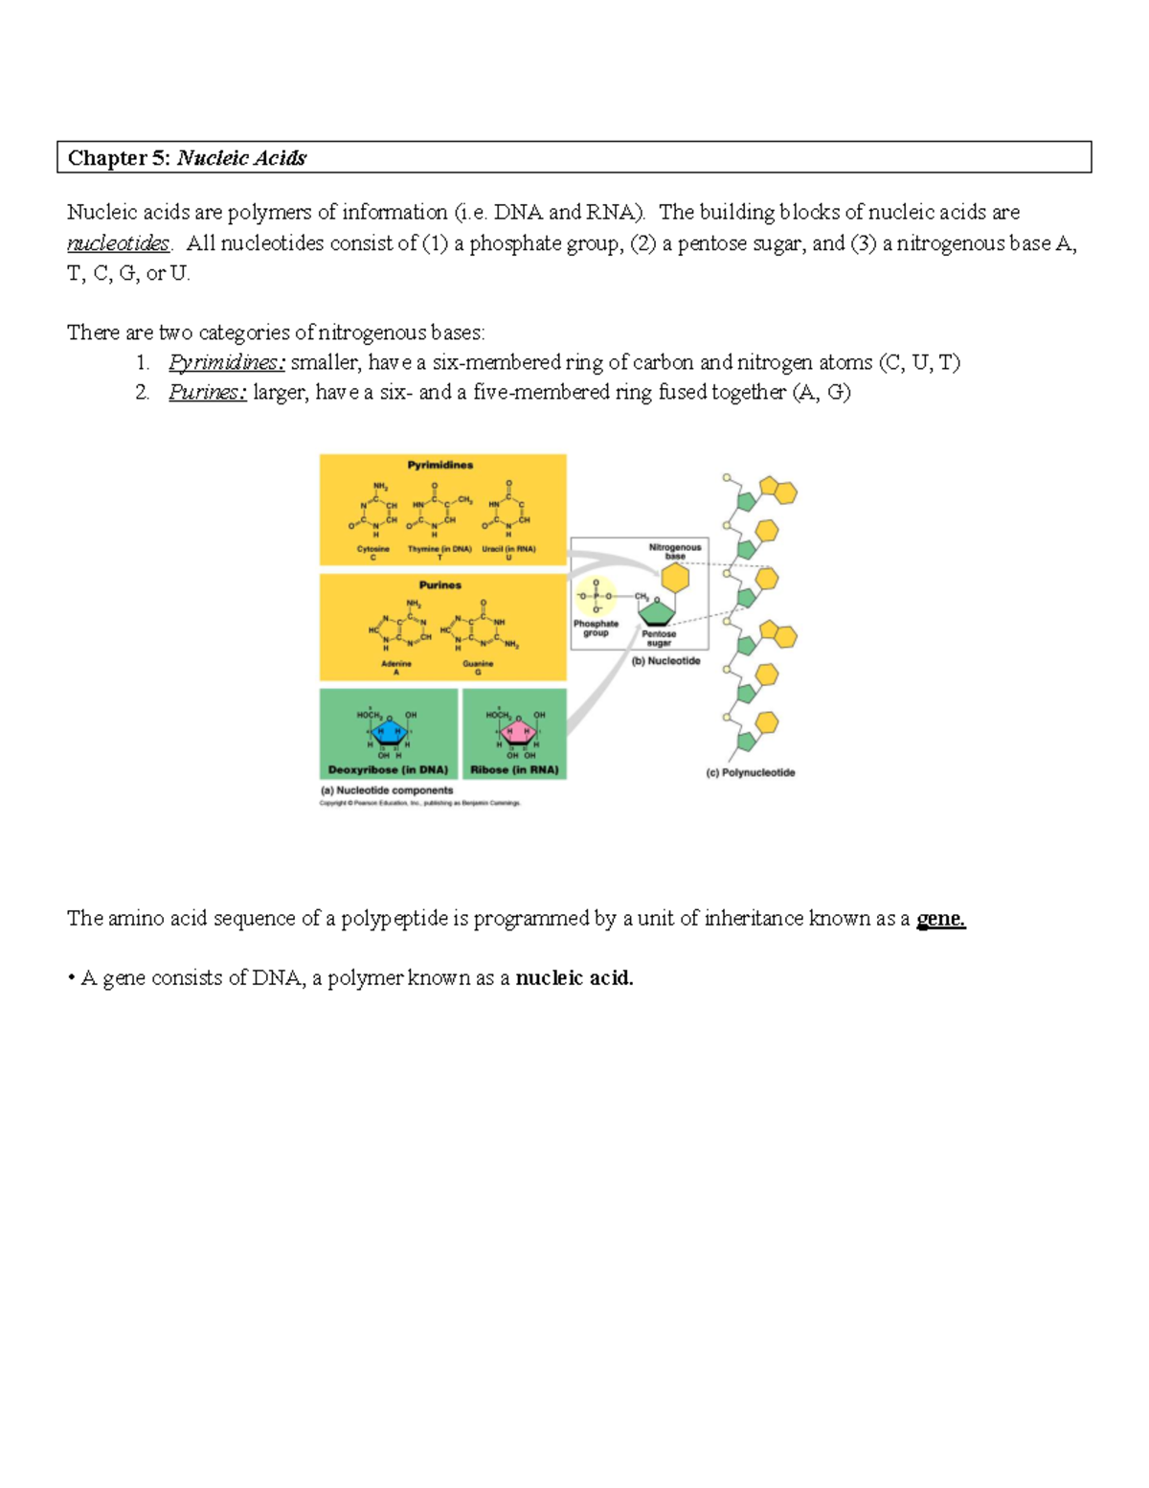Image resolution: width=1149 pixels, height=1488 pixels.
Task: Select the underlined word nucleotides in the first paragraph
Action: pos(118,243)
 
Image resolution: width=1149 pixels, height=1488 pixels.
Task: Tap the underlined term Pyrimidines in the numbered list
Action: pos(227,362)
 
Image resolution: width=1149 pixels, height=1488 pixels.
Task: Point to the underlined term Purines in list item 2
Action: pos(208,392)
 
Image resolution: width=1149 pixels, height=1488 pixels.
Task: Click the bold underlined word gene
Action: pos(940,919)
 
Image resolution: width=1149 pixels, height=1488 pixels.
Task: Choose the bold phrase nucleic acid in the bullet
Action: pos(574,978)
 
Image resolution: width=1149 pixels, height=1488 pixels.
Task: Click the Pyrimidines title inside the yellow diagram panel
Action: pos(440,466)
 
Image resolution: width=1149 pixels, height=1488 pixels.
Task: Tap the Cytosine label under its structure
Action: pos(373,550)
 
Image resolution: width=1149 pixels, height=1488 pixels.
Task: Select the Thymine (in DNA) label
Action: pos(439,550)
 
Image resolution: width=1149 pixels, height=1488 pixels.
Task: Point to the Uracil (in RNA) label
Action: pos(508,550)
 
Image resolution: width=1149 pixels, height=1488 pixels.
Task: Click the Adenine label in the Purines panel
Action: pos(396,664)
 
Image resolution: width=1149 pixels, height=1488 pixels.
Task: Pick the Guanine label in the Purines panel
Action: pos(478,664)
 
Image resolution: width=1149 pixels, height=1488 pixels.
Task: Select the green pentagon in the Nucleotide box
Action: pos(658,611)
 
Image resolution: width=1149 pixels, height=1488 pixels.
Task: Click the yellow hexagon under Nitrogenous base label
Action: pos(675,578)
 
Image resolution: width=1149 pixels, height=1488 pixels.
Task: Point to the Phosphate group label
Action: pos(596,628)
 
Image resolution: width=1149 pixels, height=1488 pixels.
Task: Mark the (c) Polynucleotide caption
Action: pos(751,773)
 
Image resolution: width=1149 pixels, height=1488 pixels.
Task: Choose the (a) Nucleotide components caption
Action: pos(387,790)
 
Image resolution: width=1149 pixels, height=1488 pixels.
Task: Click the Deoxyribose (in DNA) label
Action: pos(388,769)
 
